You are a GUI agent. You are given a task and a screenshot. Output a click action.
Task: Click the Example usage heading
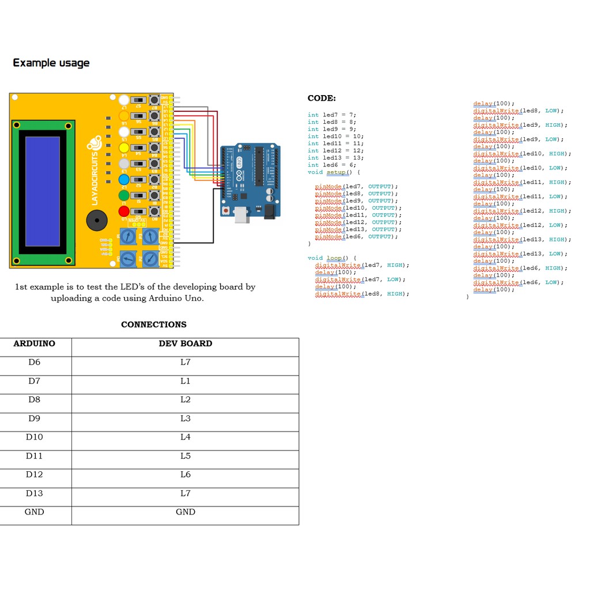(x=51, y=63)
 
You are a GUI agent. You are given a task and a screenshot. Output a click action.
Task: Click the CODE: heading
(x=322, y=99)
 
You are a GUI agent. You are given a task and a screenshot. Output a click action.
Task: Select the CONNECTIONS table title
(x=154, y=324)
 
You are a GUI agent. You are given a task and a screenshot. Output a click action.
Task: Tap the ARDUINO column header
(x=35, y=343)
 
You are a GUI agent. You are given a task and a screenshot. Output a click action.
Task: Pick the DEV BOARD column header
(x=186, y=343)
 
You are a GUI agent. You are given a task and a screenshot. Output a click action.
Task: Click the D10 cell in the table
(x=35, y=437)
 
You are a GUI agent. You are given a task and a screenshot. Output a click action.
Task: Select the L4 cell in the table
(x=186, y=437)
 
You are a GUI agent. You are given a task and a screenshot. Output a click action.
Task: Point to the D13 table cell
(x=35, y=493)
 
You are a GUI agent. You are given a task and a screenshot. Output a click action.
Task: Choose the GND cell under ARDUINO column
(x=35, y=512)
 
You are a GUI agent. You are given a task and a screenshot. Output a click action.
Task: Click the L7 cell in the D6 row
(x=186, y=362)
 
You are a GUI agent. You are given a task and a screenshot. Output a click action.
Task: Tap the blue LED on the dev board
(x=124, y=180)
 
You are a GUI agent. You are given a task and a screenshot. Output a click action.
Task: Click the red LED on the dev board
(x=124, y=211)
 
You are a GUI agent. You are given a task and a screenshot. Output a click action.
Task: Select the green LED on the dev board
(x=124, y=196)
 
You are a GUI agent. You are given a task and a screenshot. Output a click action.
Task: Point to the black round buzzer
(x=97, y=220)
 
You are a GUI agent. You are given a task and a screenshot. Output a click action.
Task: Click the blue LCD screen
(x=43, y=191)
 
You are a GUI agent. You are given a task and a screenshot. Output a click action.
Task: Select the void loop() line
(x=332, y=258)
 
